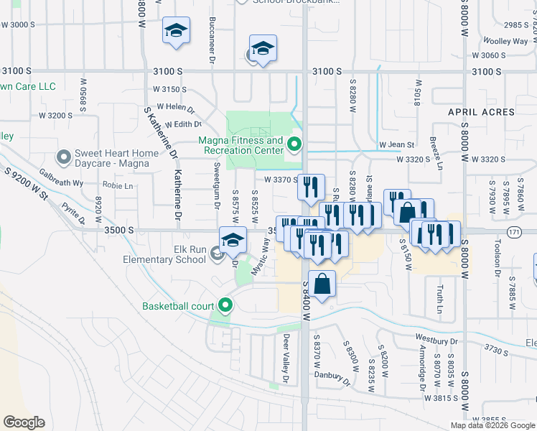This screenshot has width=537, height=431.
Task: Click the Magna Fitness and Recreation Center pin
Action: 294,146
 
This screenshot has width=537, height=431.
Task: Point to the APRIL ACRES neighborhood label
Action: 481,112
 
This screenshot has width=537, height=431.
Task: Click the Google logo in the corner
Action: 24,422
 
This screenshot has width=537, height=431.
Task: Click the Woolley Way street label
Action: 505,42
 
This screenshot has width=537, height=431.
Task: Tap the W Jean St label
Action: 397,145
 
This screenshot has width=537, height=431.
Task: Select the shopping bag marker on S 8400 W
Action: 322,283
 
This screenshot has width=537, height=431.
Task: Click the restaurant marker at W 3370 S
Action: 311,187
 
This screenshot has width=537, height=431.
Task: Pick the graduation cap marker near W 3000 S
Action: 176,31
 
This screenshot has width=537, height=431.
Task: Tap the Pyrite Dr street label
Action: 74,213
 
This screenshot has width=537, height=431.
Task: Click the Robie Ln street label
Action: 118,186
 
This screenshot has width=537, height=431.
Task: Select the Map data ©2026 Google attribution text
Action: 492,425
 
